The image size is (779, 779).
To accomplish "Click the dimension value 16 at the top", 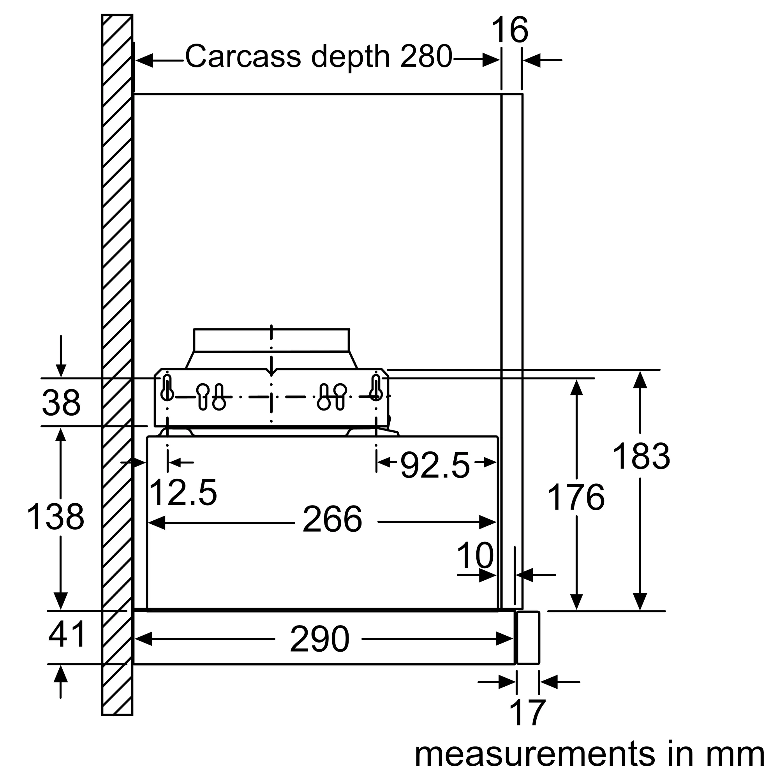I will [509, 30].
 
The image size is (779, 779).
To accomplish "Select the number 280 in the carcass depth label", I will [426, 56].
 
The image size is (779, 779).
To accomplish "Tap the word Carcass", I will [243, 56].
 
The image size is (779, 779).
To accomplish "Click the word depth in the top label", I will [350, 56].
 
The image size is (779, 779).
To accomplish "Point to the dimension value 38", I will [61, 403].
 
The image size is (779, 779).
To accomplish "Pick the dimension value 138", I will [55, 517].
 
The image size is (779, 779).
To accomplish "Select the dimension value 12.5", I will [183, 492].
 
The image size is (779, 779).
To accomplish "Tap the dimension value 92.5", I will [435, 466].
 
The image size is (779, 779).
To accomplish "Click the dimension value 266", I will [332, 520].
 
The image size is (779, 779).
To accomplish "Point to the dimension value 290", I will [319, 639].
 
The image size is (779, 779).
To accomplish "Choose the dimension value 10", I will [475, 556].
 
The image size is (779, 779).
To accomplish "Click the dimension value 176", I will [576, 497].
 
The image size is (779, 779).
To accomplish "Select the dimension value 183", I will [641, 456].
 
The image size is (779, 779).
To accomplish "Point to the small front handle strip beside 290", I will [528, 638].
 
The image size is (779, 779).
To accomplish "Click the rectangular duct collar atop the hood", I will [271, 340].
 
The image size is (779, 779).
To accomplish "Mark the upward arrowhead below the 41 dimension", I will [60, 674].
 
